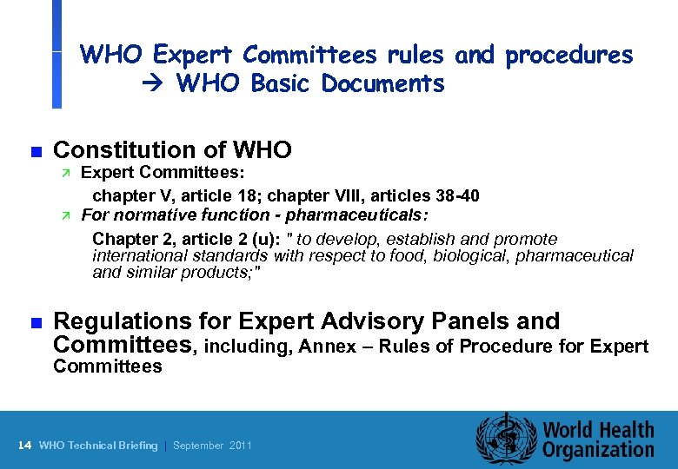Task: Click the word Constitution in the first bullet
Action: [x=129, y=150]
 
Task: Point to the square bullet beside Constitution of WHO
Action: [x=35, y=151]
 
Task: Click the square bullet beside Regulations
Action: [x=35, y=322]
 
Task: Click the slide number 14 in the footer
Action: [x=24, y=446]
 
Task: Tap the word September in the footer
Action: [x=198, y=446]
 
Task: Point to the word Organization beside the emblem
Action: [x=599, y=450]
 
